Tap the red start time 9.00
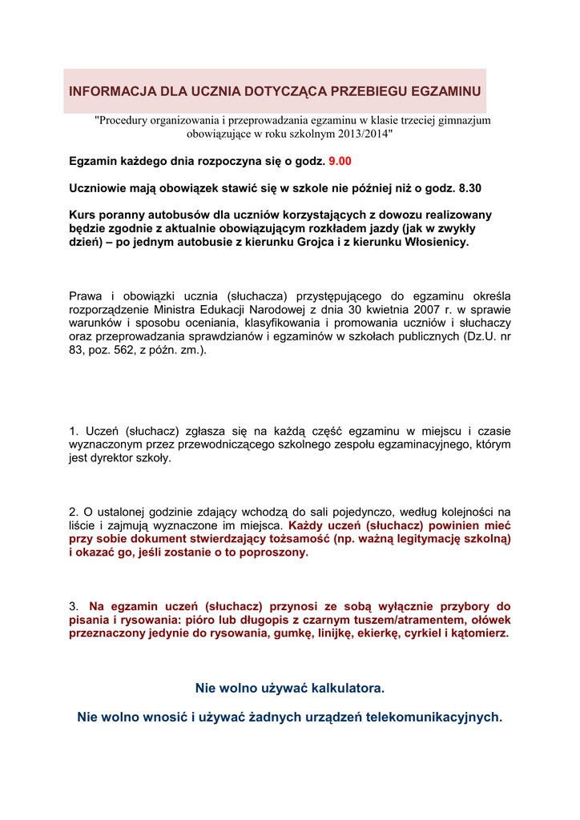pos(340,162)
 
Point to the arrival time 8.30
pos(470,188)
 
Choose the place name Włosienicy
pos(431,242)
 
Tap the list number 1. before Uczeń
pos(74,432)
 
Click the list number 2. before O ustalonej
pos(74,512)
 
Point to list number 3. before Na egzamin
pos(75,606)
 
